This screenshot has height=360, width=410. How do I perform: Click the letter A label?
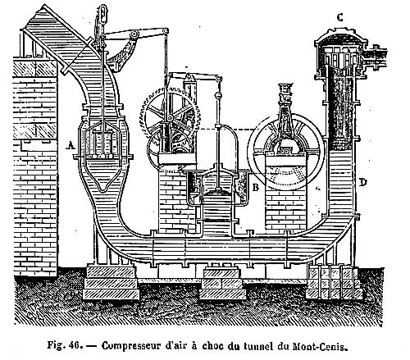(x=71, y=145)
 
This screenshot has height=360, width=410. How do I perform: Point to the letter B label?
(x=256, y=188)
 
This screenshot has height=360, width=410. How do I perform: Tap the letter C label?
(x=339, y=18)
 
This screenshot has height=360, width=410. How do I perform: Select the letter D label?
(x=362, y=182)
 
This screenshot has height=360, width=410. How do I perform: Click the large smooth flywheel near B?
(x=286, y=152)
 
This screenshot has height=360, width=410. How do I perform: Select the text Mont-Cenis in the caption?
(x=320, y=346)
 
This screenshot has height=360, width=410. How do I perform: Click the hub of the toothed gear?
(x=170, y=118)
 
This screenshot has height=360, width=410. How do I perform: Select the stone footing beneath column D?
(x=334, y=281)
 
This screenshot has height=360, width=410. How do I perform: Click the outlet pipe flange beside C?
(x=376, y=58)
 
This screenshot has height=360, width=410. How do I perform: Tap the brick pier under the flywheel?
(x=286, y=209)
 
